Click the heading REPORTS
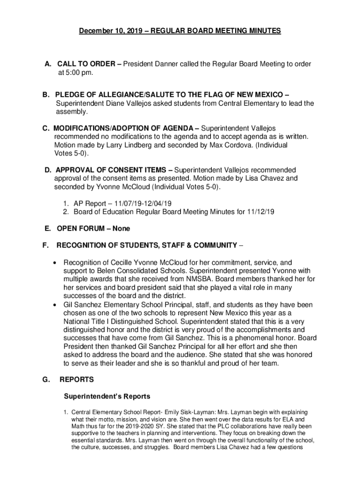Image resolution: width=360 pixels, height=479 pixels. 77,379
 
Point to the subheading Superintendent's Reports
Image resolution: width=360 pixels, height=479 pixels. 107,396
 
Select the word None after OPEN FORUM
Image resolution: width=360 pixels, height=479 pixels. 121,228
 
